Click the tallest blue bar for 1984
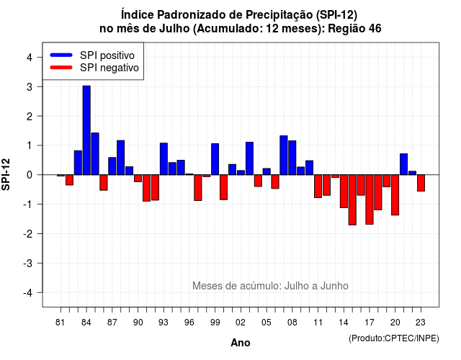pos(86,130)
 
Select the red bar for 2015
pos(352,200)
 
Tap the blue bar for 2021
pos(403,164)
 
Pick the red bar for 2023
pos(421,183)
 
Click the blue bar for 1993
pos(164,159)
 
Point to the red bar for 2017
pos(370,199)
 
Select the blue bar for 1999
pos(215,159)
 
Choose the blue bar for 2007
pos(283,156)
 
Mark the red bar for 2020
pos(395,195)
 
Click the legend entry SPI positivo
pos(107,55)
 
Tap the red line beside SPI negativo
pos(61,68)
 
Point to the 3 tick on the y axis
pos(39,86)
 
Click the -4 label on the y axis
pos(28,293)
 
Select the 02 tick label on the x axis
pos(240,323)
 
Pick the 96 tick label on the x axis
pos(189,323)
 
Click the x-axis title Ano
pos(240,343)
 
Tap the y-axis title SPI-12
pos(6,174)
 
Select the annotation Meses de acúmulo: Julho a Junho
pos(270,286)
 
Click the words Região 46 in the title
pos(354,29)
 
